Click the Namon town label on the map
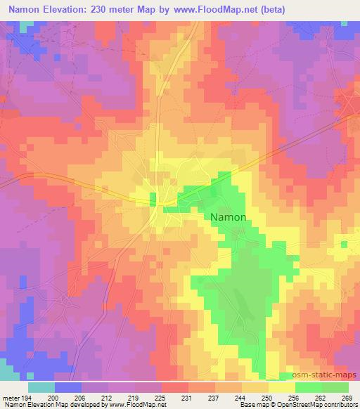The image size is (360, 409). (229, 217)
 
